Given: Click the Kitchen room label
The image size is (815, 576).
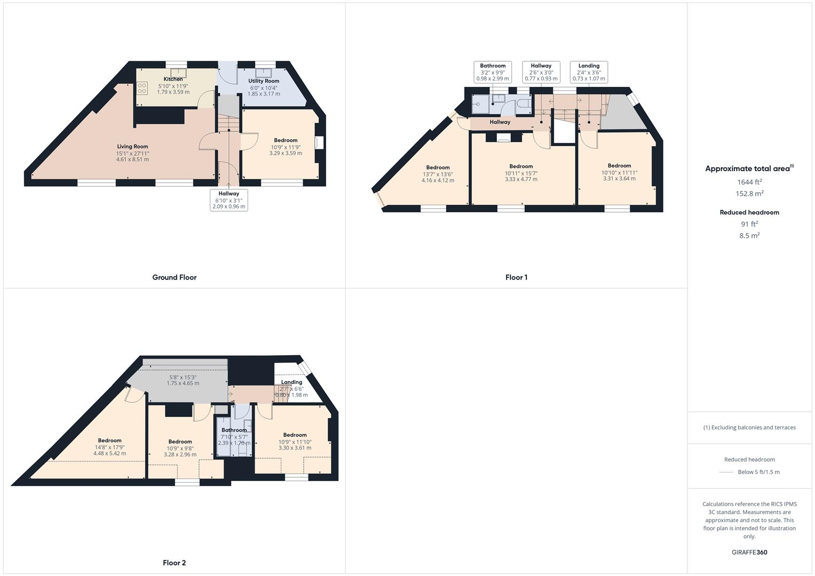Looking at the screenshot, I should [173, 79].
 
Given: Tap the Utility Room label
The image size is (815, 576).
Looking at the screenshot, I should [264, 81].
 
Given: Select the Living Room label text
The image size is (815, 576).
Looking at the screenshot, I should [132, 147].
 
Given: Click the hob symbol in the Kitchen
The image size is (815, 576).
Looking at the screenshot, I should [142, 88].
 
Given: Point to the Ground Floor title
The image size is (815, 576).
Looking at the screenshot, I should [175, 277].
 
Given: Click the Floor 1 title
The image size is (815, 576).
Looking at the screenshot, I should [516, 277].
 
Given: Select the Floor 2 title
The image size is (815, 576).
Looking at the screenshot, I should [175, 563].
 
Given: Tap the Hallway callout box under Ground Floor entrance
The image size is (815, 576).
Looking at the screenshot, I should [229, 200].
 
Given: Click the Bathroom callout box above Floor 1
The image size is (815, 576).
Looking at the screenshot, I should [493, 72].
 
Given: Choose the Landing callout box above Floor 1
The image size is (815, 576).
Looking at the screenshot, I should [589, 72].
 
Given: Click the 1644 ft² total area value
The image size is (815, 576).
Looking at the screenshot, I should [749, 182].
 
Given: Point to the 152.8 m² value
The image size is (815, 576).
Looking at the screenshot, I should [749, 194].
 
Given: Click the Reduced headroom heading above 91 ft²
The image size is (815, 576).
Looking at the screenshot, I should [749, 212].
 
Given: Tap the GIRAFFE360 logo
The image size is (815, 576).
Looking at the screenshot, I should [749, 553].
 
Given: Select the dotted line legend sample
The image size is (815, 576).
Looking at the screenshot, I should [726, 473].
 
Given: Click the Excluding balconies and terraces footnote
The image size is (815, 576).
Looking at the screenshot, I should [749, 427].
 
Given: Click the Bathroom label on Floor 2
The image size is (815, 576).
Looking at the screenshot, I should [234, 430].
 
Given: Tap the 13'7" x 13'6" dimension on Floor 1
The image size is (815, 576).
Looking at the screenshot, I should [438, 174].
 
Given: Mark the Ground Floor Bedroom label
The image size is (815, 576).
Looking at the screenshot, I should [286, 140].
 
